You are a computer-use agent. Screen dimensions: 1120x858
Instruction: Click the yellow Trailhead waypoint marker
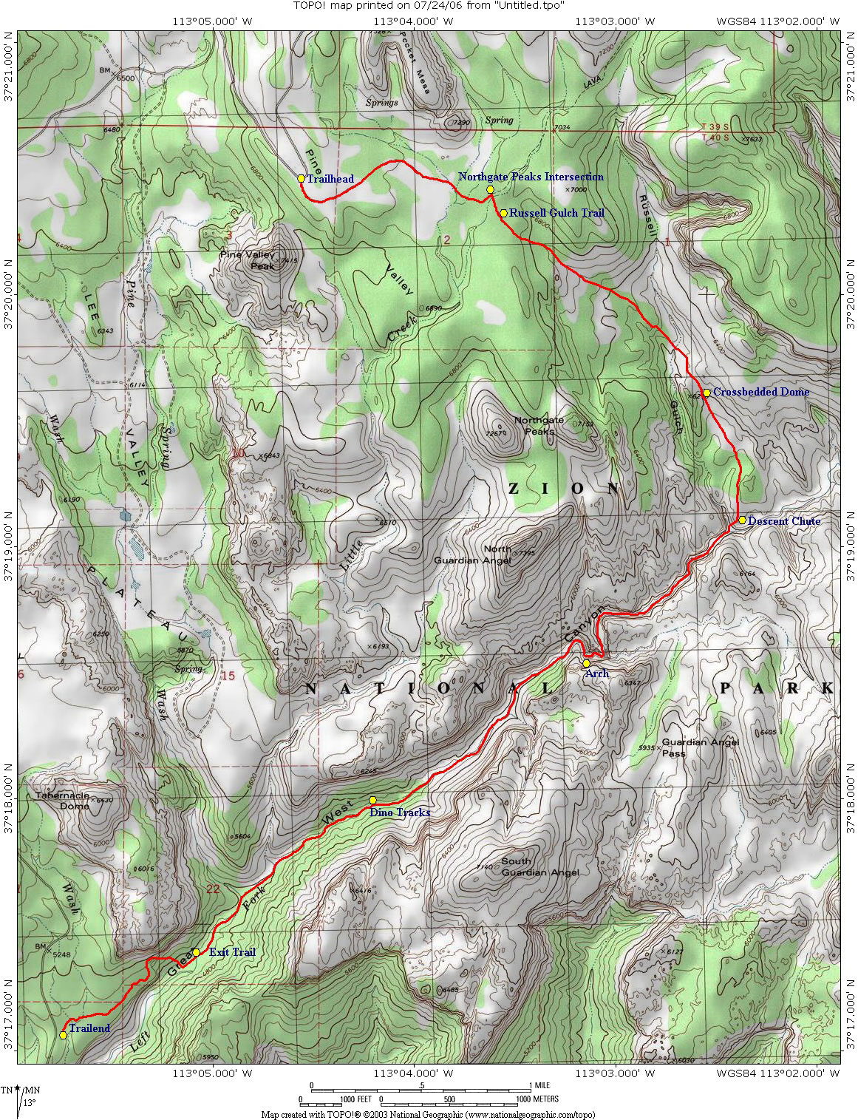[301, 178]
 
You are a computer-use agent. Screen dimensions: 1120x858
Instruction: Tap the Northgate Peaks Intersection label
[530, 177]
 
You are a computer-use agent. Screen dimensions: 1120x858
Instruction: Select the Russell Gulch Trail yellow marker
[503, 213]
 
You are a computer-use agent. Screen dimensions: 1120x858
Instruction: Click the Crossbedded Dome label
[760, 392]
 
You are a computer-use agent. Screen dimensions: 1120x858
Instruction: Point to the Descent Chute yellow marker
[742, 520]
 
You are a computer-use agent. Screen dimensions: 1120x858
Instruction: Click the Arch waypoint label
[596, 673]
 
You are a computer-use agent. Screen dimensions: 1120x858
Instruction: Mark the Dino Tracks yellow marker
[373, 800]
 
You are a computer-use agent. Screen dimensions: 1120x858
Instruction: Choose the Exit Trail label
[232, 952]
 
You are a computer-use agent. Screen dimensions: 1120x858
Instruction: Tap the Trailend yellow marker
[64, 1035]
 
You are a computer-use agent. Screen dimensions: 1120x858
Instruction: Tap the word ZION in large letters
[564, 489]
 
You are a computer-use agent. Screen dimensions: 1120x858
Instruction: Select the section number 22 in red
[213, 889]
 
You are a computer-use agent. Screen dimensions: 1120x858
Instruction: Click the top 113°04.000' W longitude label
[416, 21]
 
